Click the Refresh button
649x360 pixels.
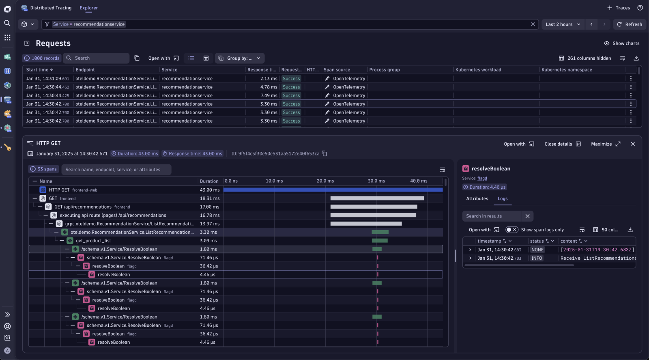point(629,24)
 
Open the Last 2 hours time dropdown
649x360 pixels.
point(563,24)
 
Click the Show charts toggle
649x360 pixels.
point(621,43)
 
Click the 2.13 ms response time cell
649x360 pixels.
point(269,79)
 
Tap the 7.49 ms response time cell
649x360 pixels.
point(269,96)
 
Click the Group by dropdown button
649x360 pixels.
point(239,58)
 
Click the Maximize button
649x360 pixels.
point(606,144)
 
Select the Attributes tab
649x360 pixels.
point(477,199)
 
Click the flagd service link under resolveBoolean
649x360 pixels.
point(482,179)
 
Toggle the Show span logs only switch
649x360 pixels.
point(511,230)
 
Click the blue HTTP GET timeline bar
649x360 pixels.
point(333,190)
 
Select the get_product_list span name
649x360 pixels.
point(93,241)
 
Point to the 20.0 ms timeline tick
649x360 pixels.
point(325,181)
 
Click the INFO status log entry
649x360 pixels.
point(537,259)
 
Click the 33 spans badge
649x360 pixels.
point(44,169)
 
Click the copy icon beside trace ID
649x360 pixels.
point(324,154)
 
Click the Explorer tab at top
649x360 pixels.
point(88,8)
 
